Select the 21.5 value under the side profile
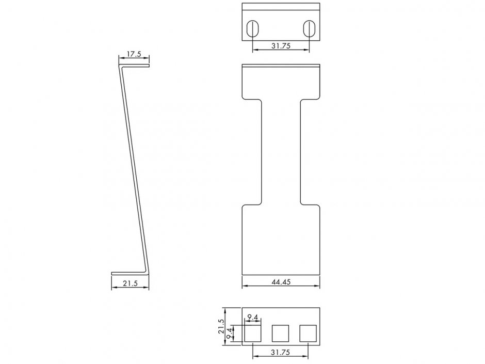pyautogui.click(x=130, y=283)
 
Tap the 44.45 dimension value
pyautogui.click(x=281, y=282)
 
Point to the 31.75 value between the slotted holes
pyautogui.click(x=280, y=46)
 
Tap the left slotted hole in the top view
pyautogui.click(x=252, y=28)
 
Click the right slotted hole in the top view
pyautogui.click(x=309, y=28)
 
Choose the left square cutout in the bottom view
pyautogui.click(x=252, y=334)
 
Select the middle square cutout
pyautogui.click(x=280, y=334)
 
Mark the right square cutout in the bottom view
pyautogui.click(x=308, y=334)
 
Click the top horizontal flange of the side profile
pyautogui.click(x=135, y=66)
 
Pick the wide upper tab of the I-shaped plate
pyautogui.click(x=281, y=83)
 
